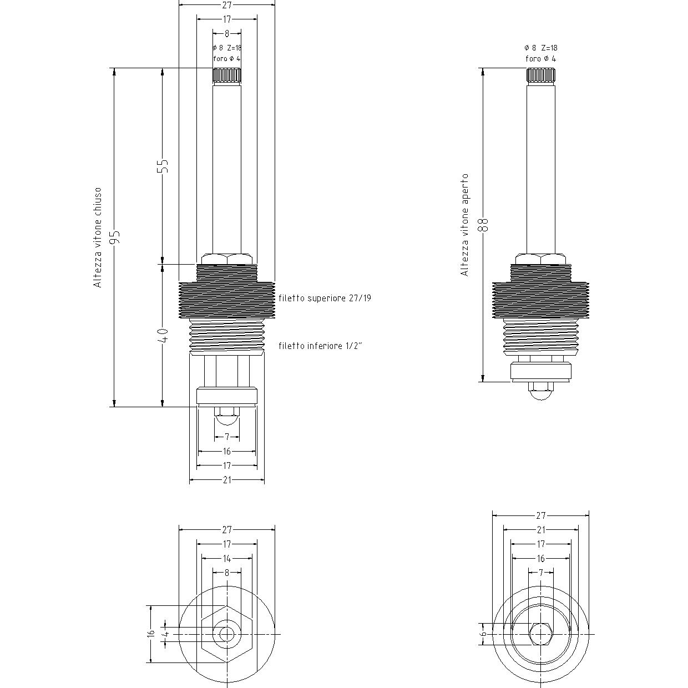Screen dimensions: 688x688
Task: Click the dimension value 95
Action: [x=115, y=237]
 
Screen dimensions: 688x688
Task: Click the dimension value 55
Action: [x=163, y=166]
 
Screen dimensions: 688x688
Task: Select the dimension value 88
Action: [x=484, y=225]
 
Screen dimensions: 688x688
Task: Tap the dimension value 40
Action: [x=163, y=335]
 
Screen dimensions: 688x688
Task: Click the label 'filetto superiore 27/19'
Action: [x=325, y=298]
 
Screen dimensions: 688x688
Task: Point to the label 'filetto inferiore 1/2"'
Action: [x=320, y=346]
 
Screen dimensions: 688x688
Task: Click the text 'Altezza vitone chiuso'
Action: [x=98, y=238]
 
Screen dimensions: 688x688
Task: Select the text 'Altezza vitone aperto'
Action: [x=464, y=225]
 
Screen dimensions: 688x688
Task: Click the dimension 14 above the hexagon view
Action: [x=227, y=558]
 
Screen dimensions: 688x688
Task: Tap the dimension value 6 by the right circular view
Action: [x=484, y=634]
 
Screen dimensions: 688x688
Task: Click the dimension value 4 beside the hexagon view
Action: [x=166, y=634]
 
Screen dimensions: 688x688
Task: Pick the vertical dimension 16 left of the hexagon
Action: [x=151, y=634]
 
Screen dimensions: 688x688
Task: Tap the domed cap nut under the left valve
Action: [x=227, y=416]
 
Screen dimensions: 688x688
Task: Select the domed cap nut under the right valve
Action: [x=540, y=391]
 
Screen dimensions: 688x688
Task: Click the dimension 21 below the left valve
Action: [x=227, y=480]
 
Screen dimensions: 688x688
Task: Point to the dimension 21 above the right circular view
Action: [x=541, y=530]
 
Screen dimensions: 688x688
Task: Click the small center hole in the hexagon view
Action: [x=227, y=634]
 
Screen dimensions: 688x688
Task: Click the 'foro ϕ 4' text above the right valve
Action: [x=540, y=59]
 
